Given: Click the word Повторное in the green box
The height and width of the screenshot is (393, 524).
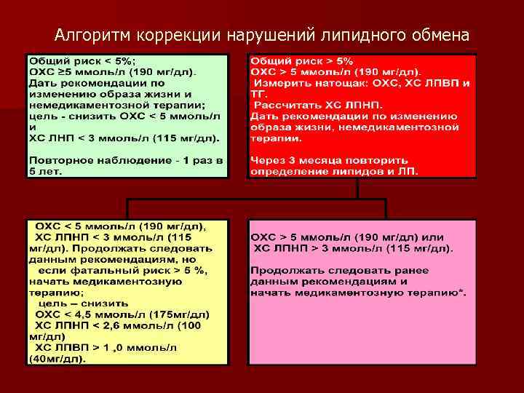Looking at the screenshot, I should tap(59, 160).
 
